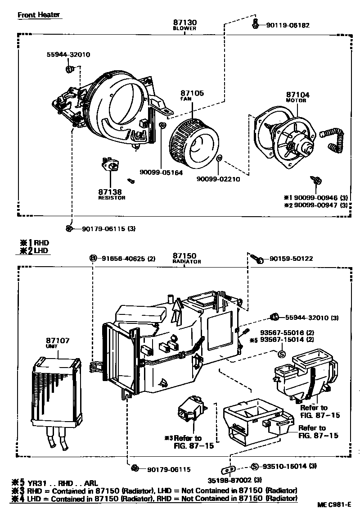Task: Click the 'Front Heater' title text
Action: (x=38, y=15)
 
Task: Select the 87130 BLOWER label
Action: (x=184, y=24)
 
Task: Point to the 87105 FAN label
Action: (x=192, y=95)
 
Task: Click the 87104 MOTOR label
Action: (x=296, y=97)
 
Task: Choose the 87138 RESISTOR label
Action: (x=112, y=194)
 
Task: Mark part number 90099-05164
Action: (x=161, y=172)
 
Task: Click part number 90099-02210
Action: (x=218, y=179)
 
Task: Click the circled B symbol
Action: (x=93, y=258)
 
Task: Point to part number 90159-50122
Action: (x=291, y=259)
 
